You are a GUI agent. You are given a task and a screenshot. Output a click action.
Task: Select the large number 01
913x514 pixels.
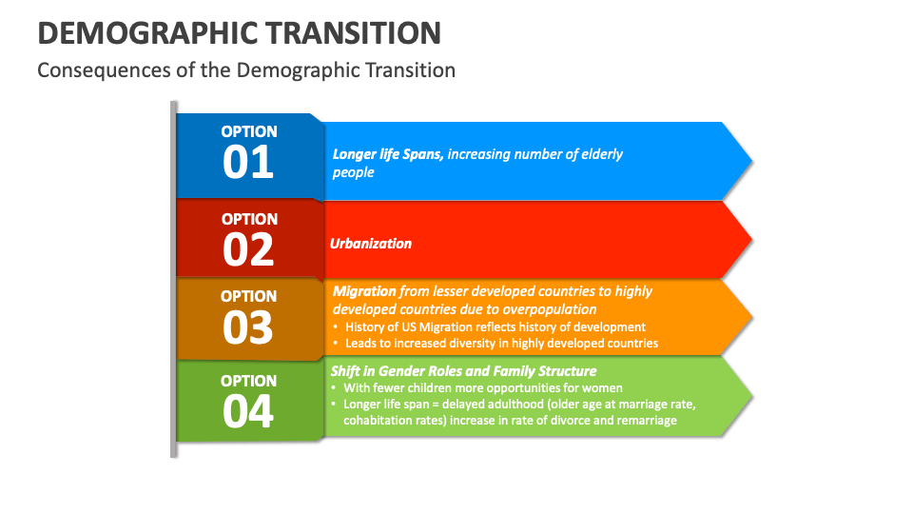[248, 162]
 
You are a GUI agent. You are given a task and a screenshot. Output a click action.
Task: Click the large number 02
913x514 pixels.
[248, 249]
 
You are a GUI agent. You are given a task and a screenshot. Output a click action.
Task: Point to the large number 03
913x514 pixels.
[248, 327]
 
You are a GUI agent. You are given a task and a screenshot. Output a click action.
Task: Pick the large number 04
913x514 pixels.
[248, 411]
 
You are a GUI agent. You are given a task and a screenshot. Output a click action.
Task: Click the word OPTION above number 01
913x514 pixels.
[249, 131]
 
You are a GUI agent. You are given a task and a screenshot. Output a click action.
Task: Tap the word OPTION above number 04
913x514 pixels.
[249, 381]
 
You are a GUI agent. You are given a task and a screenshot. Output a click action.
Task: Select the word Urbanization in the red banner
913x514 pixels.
[371, 244]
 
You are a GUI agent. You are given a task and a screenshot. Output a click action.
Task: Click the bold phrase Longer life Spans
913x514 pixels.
[387, 154]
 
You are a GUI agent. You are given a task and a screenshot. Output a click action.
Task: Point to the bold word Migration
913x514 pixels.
[364, 291]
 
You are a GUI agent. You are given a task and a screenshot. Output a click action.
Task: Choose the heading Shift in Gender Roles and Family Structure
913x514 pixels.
[463, 371]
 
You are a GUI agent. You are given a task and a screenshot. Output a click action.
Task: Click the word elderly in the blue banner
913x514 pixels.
[599, 154]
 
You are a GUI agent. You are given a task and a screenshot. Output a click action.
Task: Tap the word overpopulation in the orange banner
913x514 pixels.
[548, 309]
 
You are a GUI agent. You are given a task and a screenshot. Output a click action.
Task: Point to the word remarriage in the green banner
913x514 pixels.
[644, 420]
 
